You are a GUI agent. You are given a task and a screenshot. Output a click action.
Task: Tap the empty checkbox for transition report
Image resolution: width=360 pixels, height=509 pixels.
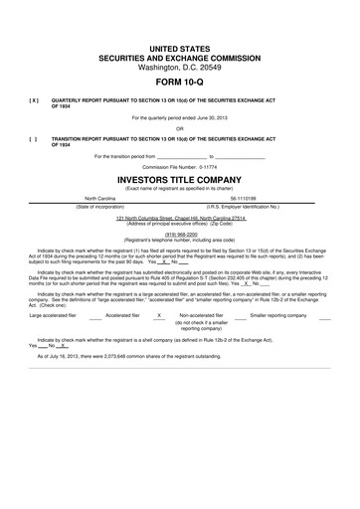(34, 138)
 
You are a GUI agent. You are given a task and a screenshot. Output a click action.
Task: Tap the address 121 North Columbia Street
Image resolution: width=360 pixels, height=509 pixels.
(148, 217)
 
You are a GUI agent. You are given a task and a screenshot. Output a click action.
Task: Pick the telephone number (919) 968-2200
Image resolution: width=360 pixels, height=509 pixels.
(179, 235)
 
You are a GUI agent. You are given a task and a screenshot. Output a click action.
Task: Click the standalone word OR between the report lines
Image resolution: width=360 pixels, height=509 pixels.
(180, 129)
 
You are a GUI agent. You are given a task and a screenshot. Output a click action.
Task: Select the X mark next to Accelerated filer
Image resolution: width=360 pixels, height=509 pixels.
(159, 315)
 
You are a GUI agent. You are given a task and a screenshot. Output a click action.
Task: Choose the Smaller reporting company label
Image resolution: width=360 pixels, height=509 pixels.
(280, 315)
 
